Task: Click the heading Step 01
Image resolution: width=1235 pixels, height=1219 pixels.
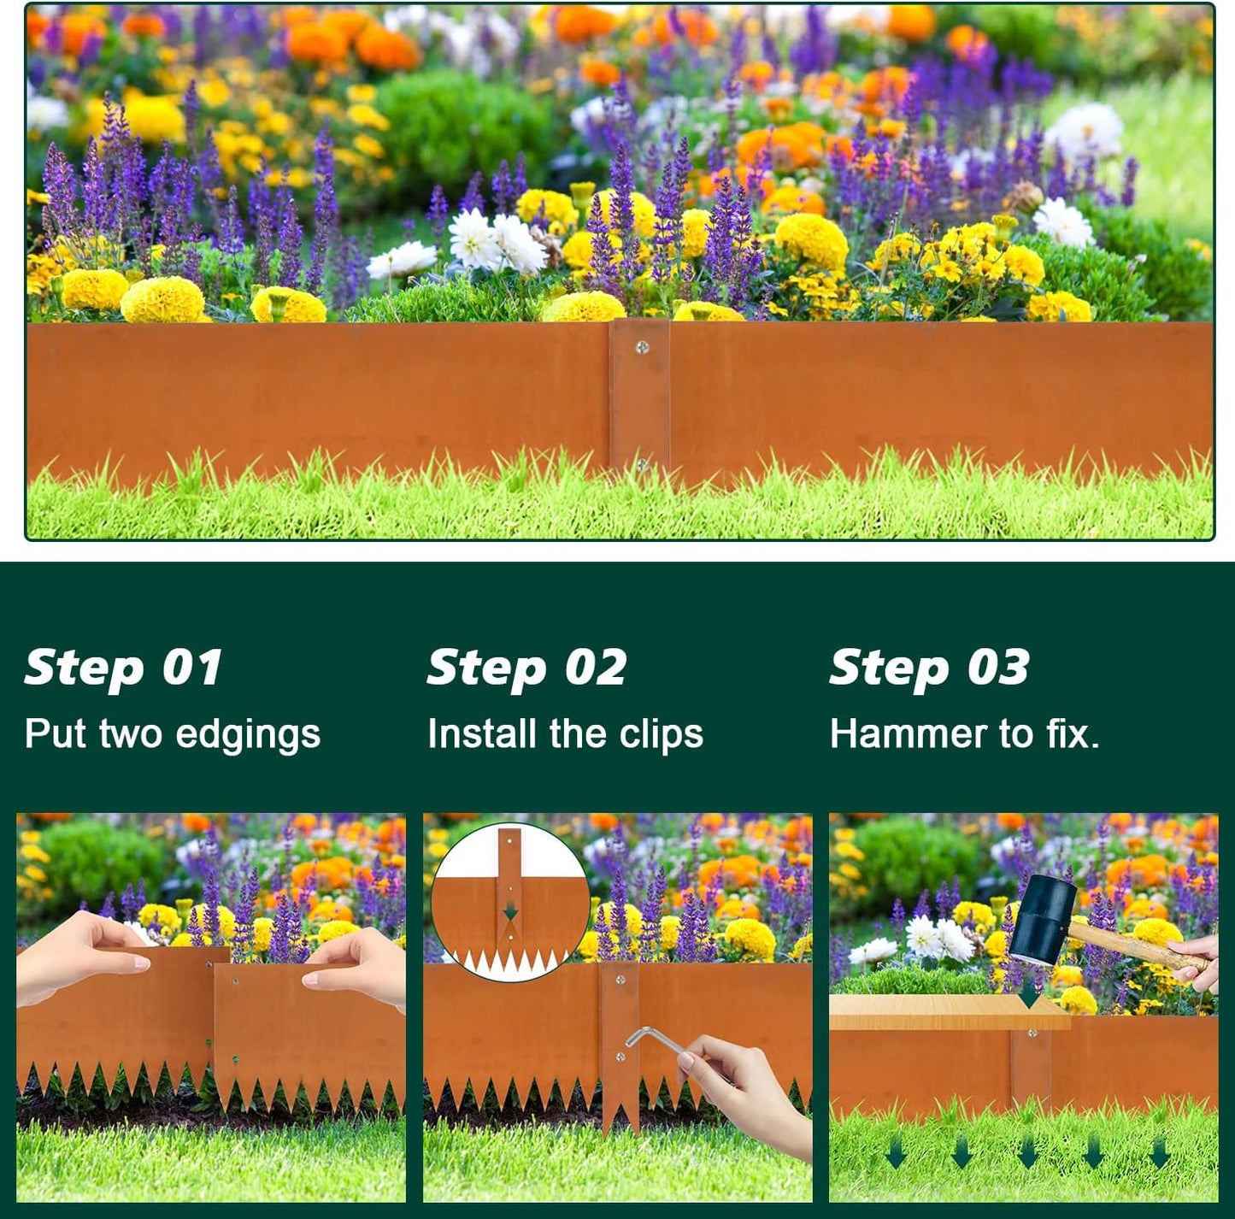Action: tap(124, 668)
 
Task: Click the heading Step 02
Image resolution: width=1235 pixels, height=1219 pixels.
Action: tap(526, 668)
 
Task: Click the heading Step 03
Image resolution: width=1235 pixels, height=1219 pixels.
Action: tap(929, 668)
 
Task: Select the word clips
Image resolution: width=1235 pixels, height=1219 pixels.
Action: tap(661, 735)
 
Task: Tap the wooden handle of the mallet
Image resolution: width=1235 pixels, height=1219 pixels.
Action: tap(1137, 945)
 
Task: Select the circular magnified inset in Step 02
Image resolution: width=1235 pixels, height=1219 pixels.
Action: tap(510, 902)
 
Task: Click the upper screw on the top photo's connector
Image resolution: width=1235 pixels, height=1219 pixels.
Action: tap(643, 347)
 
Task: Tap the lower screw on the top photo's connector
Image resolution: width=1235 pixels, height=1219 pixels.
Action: tap(642, 465)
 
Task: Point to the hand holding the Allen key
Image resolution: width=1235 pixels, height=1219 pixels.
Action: tap(752, 1094)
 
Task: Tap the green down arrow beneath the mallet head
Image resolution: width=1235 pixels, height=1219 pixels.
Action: tap(1029, 995)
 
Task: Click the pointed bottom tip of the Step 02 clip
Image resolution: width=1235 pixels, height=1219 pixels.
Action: tap(620, 1127)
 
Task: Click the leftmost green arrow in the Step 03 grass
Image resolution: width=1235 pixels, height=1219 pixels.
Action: tap(896, 1153)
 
